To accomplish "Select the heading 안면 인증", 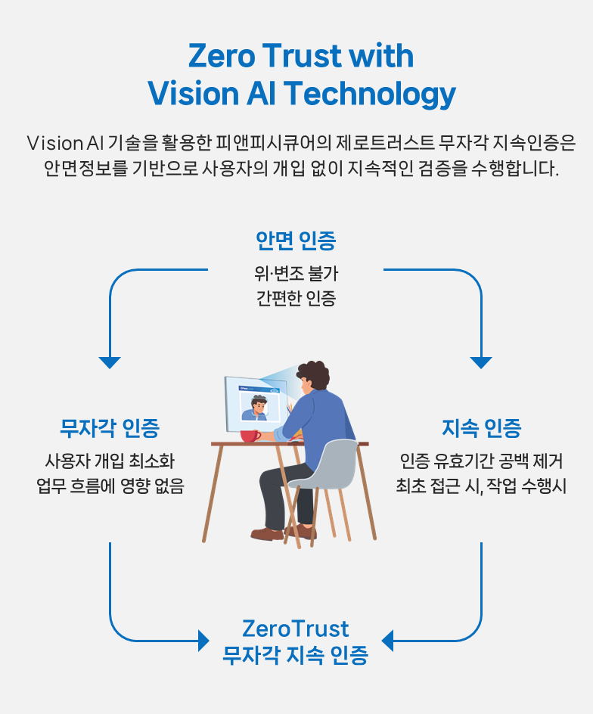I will pos(296,241).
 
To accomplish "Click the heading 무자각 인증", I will pos(110,428).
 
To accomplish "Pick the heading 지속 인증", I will pos(482,428).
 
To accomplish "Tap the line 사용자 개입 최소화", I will pos(110,461).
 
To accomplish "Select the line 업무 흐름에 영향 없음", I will pos(110,486).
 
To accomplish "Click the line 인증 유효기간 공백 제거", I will pos(482,461).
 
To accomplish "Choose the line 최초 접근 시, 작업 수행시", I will pos(482,486).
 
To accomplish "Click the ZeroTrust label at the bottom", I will pos(296,629).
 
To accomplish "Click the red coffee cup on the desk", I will pos(250,436).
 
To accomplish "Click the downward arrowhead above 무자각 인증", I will pos(110,362).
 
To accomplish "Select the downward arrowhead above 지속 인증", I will pos(481,362).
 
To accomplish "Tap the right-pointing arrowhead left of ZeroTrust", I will pos(203,641).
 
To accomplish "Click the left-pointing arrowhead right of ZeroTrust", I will pos(387,641).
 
